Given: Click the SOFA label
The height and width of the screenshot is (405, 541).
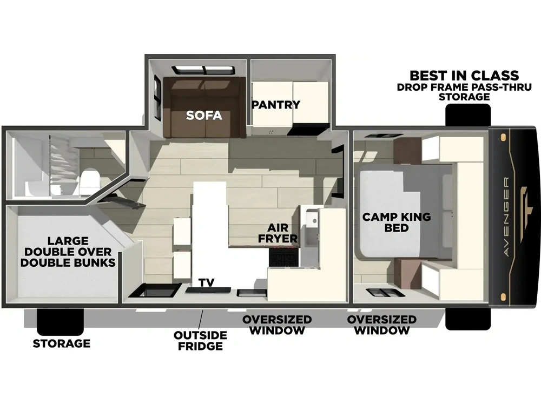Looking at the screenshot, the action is (x=204, y=115).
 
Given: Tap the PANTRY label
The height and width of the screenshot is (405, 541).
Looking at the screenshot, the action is (x=276, y=104).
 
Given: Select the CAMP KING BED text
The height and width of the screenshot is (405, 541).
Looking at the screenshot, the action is (x=397, y=222).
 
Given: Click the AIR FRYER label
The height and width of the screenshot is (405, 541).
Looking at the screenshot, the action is (x=278, y=233).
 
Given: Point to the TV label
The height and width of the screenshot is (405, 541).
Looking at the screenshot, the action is (x=206, y=282).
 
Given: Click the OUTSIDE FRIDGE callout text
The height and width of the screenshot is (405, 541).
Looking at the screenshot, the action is (x=200, y=340).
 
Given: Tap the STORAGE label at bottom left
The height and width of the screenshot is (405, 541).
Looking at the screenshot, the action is (x=62, y=343).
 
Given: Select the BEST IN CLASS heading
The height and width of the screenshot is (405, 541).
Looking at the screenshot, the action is (x=464, y=76).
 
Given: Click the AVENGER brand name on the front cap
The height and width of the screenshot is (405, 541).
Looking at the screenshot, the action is (x=506, y=217).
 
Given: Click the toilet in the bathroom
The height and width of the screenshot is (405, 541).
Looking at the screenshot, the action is (x=89, y=182).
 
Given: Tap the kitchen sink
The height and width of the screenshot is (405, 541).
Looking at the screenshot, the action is (x=311, y=227).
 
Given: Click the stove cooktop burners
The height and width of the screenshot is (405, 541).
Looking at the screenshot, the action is (x=283, y=257).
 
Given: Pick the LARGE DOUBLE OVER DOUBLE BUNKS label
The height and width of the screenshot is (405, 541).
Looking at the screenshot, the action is (x=68, y=252).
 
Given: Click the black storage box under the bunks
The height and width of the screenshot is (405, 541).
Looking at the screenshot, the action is (x=61, y=322).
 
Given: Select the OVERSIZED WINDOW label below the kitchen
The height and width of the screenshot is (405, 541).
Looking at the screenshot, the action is (x=277, y=325).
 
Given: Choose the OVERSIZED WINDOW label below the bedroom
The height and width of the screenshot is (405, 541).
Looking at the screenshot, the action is (x=382, y=325).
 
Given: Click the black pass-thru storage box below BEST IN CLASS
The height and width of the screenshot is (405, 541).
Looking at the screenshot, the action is (x=468, y=114).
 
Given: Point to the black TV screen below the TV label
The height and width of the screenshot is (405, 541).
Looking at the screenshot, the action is (x=208, y=290).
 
